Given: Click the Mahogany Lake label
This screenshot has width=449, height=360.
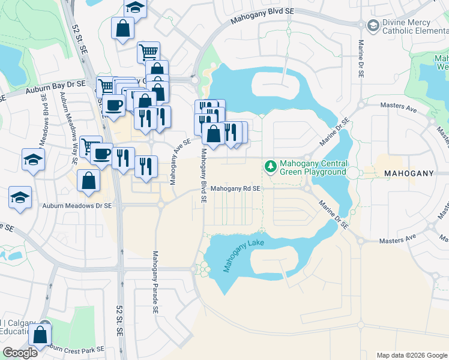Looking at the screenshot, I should [243, 251].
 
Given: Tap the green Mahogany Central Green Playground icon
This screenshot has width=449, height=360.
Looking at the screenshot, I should [270, 165].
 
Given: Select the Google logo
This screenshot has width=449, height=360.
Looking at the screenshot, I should [20, 353].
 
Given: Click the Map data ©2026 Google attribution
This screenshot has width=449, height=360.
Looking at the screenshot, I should [411, 355].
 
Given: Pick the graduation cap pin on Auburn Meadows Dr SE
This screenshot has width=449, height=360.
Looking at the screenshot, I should [20, 197].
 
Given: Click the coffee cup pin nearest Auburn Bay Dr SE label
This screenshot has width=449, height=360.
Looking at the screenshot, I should [113, 105].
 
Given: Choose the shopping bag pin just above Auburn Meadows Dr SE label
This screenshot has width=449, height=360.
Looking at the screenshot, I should [88, 179].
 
